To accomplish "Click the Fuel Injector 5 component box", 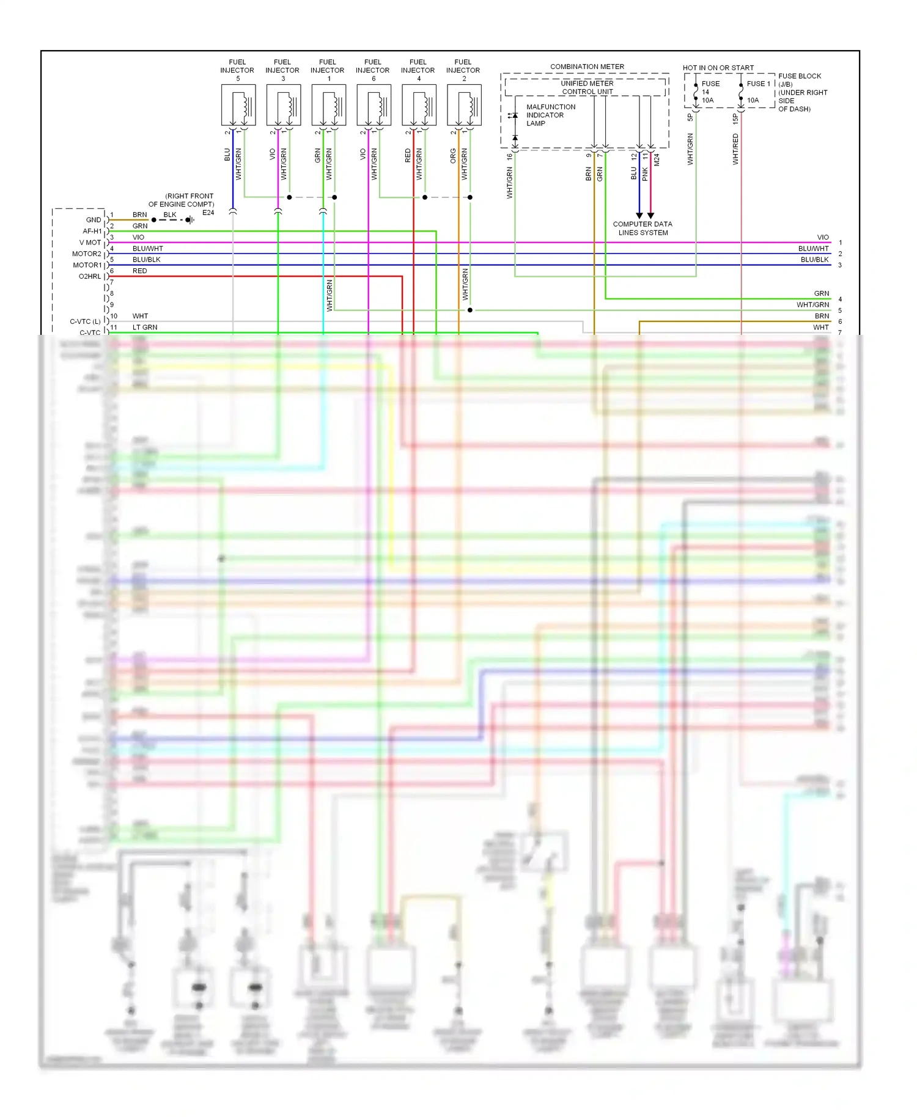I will coord(238,105).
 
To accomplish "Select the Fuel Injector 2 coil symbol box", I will coord(464,105).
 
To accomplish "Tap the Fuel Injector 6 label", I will coord(373,70).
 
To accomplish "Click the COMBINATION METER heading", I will coord(587,67).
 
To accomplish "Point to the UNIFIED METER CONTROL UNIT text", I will coord(587,87).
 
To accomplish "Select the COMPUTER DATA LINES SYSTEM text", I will coord(643,228).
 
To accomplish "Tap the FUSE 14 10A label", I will coord(709,92).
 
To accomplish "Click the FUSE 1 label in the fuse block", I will coord(758,84).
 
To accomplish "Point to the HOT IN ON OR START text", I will coord(718,68).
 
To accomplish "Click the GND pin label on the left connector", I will coord(94,220).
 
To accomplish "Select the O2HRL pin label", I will coord(90,276).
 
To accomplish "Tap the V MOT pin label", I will coord(90,243).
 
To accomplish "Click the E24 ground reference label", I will coord(208,213).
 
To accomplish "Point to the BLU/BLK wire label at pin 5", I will coord(146,260).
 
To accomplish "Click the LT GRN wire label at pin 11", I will coord(145,328).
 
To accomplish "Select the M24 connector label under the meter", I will coord(657,159).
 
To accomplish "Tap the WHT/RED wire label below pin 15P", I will coord(735,149).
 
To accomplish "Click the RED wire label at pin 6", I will coord(139,271).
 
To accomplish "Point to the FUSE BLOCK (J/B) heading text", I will coord(799,80).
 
